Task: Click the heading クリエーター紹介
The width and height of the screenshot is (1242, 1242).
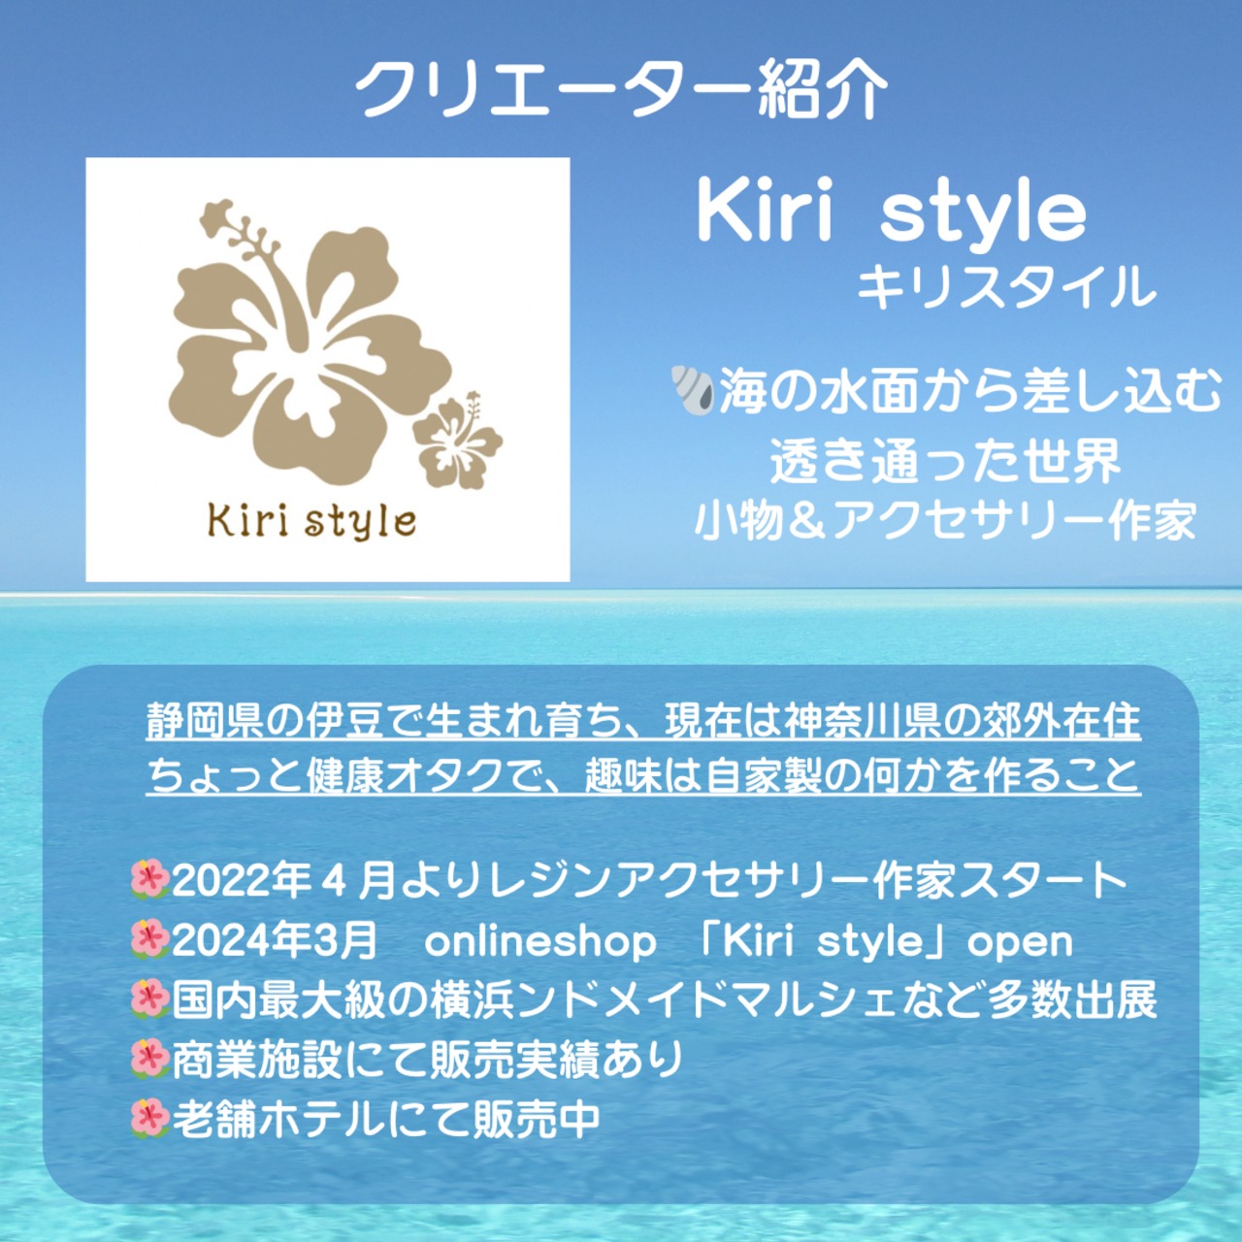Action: [621, 91]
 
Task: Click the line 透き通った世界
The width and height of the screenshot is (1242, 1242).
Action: [945, 462]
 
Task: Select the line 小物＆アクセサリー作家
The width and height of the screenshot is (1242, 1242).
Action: [945, 521]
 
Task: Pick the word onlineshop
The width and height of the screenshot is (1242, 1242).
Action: [539, 942]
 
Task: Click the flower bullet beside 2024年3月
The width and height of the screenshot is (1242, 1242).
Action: [149, 942]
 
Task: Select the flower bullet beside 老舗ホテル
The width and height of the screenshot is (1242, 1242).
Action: [149, 1120]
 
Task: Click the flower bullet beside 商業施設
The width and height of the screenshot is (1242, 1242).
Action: [149, 1061]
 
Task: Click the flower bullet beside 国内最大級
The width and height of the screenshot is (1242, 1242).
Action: [149, 1001]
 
